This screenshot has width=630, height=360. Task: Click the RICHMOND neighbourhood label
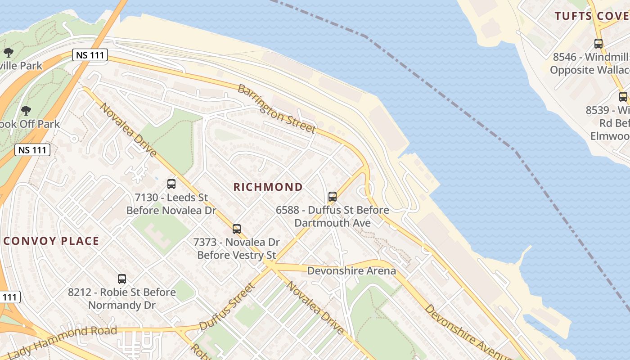(268, 187)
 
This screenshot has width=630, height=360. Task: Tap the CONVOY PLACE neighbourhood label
(51, 241)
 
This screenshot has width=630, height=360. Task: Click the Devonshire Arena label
(351, 270)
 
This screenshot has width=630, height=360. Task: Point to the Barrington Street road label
(276, 108)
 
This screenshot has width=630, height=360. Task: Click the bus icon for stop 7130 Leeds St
(171, 184)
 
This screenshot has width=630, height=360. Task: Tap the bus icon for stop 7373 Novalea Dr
(237, 229)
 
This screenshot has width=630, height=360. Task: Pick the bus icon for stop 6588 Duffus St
(333, 196)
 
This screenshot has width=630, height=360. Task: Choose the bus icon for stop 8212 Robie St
(122, 279)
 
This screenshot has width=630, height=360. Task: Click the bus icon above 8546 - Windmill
(598, 44)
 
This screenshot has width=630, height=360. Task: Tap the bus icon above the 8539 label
(623, 96)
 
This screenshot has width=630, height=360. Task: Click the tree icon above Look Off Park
(26, 110)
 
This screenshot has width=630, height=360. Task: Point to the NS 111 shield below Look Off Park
(32, 150)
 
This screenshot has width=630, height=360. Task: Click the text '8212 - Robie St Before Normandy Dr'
(122, 299)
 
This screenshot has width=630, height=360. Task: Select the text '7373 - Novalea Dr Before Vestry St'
(237, 249)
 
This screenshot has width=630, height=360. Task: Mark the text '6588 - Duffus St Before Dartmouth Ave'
(333, 216)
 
